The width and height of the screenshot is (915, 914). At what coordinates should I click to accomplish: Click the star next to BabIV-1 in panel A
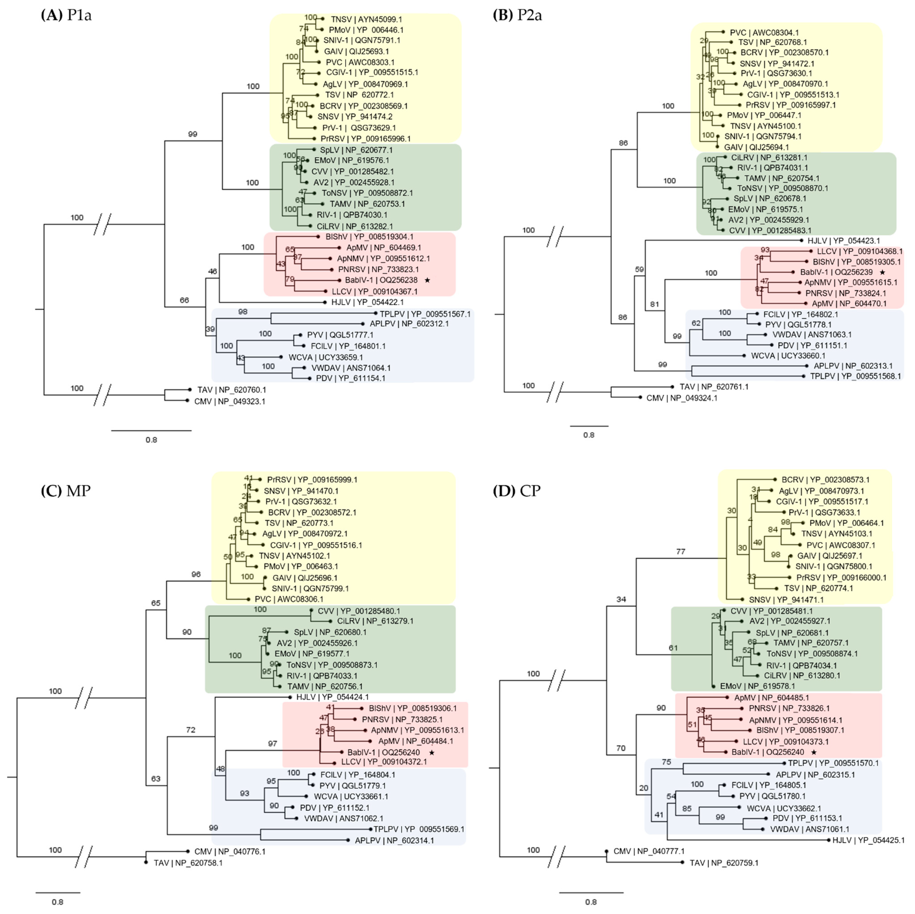pyautogui.click(x=427, y=280)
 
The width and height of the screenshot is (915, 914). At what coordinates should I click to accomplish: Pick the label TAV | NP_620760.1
pyautogui.click(x=232, y=390)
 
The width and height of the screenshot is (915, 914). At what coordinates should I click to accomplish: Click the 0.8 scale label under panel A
pyautogui.click(x=151, y=440)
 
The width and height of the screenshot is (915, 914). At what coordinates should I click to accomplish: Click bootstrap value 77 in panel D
pyautogui.click(x=680, y=552)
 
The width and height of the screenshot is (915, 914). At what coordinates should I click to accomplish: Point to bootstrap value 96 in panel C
pyautogui.click(x=196, y=574)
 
